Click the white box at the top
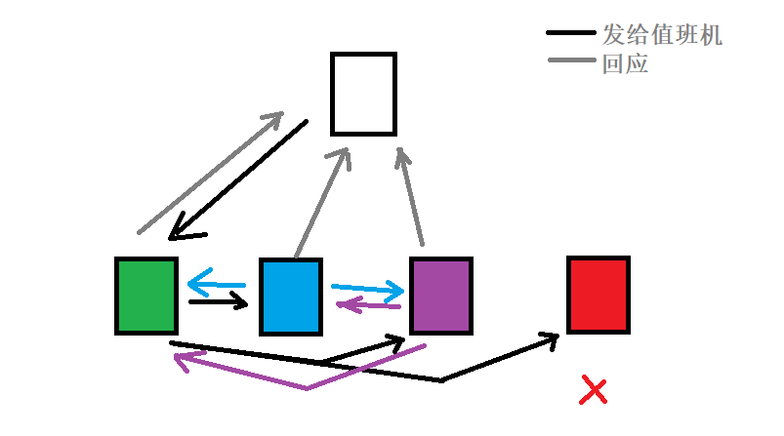[x=363, y=94]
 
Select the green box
[x=146, y=296]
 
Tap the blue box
[x=291, y=297]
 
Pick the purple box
[x=441, y=296]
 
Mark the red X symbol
[x=594, y=390]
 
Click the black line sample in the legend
[x=570, y=35]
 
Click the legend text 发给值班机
[x=662, y=36]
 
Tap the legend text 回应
[x=626, y=65]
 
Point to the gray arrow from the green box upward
[x=209, y=174]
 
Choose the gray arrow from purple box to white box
[x=411, y=195]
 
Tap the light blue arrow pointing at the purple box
[x=367, y=289]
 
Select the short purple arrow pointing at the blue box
[x=368, y=305]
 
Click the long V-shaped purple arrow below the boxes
[x=306, y=387]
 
